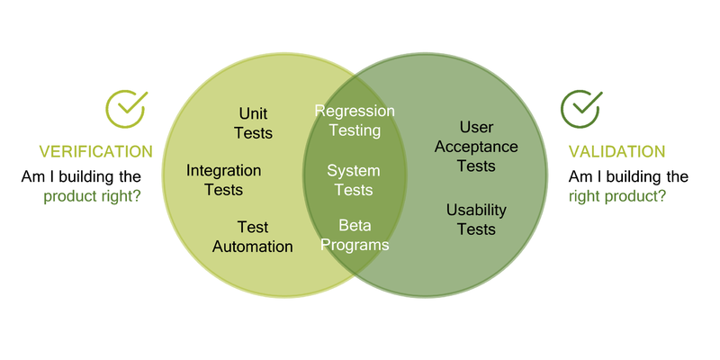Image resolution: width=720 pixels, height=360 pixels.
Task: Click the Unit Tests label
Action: pos(253,123)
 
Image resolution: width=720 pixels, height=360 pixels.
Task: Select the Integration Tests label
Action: pos(224,180)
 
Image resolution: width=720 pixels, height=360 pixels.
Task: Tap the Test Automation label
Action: pos(253,237)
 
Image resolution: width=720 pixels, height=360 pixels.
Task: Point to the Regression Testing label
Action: pos(355,121)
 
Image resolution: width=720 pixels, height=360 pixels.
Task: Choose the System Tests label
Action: pos(354,180)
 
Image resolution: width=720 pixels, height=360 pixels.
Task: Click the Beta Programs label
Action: pos(354,235)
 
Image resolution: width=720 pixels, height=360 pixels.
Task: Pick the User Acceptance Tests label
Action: pos(476,147)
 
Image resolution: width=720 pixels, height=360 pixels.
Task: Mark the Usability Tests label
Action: pos(476,220)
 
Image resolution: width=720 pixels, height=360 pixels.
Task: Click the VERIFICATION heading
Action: pos(95,151)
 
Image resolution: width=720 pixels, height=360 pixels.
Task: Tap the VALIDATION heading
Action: pos(616,151)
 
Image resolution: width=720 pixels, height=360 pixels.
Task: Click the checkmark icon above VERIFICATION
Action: pos(125,109)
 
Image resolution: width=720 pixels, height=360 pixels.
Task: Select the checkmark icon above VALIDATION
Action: pos(580,109)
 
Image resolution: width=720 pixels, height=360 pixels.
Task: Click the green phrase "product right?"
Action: pos(92,194)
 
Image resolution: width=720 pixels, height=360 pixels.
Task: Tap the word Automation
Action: pos(253,247)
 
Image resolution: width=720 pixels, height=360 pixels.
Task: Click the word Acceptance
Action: pos(476,147)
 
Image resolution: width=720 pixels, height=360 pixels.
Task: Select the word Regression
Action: pos(355,111)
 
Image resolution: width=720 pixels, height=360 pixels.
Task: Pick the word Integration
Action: pos(224,170)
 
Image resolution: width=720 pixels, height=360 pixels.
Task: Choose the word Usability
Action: pos(476,210)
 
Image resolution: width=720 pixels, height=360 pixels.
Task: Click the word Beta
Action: pos(354,225)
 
